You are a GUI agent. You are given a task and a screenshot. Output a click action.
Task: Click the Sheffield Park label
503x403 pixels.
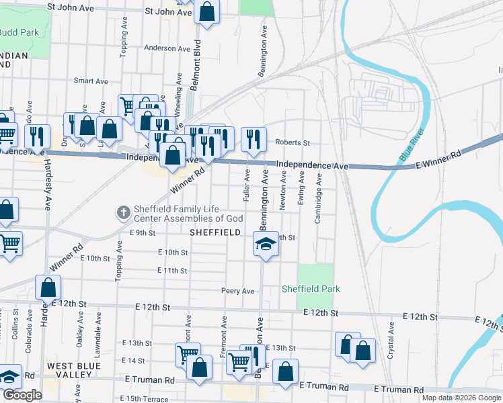tap(311, 289)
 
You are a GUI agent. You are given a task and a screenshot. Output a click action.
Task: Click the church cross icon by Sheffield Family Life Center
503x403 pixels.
tap(123, 213)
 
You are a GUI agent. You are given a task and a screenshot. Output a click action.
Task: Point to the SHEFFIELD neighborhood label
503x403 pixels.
tap(215, 232)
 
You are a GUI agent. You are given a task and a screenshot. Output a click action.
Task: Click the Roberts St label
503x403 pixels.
tap(293, 143)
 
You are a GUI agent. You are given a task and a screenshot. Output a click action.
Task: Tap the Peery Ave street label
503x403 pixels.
tap(238, 291)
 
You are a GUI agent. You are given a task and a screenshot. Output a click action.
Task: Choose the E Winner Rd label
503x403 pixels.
tap(438, 161)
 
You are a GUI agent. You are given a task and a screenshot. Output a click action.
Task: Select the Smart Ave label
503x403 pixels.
tap(91, 81)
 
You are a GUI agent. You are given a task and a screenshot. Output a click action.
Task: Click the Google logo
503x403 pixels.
tap(22, 395)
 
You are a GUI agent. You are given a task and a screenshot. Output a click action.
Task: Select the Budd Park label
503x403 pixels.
tap(18, 32)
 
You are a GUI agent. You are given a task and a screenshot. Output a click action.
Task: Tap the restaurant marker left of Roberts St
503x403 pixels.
tap(254, 139)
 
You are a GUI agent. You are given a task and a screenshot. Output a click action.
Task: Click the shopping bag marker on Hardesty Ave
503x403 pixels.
tap(49, 287)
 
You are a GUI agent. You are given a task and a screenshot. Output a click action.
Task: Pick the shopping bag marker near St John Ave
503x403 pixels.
tap(206, 12)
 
